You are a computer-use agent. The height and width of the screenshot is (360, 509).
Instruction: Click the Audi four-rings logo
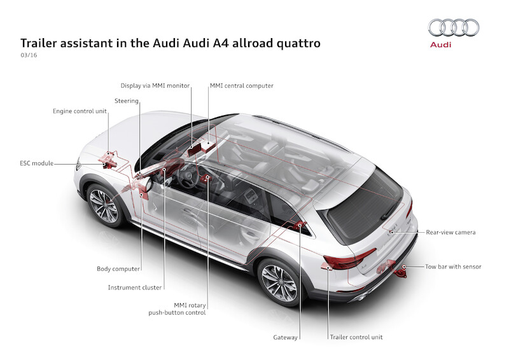click(453, 27)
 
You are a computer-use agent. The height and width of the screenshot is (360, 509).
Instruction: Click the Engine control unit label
click(80, 111)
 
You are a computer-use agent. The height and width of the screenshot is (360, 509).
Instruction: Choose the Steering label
click(127, 100)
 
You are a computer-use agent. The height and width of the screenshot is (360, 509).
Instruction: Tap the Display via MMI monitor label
click(155, 85)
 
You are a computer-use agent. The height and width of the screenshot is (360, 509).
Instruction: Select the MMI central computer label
click(241, 85)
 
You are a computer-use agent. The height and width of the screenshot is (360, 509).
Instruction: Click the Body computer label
click(118, 269)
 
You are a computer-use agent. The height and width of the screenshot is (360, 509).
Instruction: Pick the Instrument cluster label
click(135, 287)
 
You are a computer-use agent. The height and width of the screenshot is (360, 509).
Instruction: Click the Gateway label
click(285, 337)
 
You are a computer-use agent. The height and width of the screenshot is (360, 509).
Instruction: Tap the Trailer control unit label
click(356, 337)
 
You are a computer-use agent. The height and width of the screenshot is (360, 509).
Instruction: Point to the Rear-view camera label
click(450, 233)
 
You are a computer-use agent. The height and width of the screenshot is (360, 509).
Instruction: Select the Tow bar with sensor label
click(453, 267)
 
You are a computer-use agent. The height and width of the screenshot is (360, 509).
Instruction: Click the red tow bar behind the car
click(400, 273)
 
